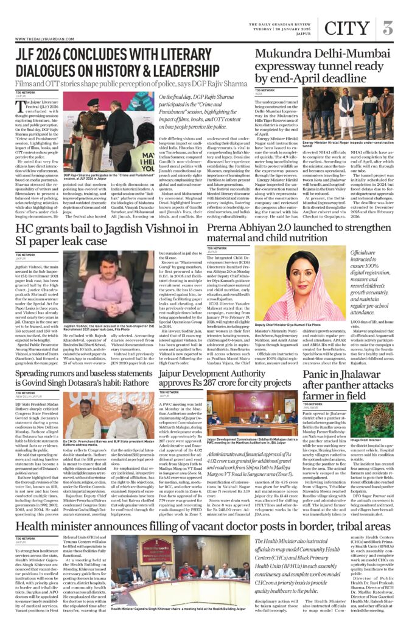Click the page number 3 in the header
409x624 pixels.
pos(388,27)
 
